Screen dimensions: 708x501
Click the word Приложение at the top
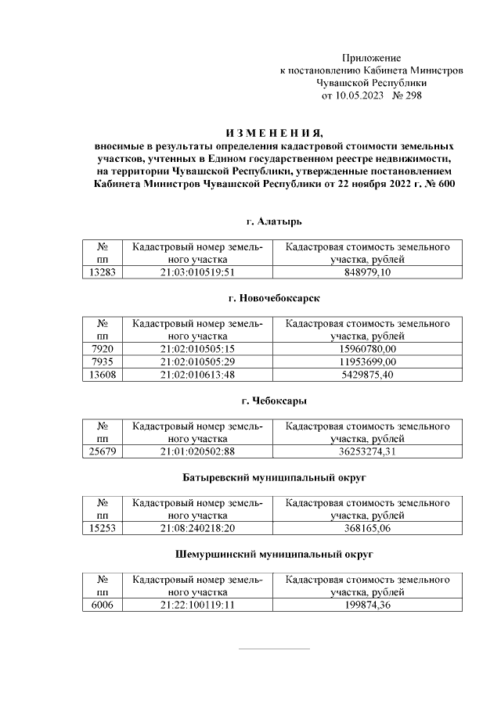372,58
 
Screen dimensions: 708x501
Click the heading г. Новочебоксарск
273,299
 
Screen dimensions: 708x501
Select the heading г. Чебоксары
273,401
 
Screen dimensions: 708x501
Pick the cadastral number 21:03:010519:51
197,272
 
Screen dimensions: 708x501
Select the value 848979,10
367,272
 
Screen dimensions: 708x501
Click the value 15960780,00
367,349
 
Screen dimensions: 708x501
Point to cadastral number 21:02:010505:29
197,361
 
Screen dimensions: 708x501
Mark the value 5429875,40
367,374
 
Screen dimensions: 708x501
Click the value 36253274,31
367,451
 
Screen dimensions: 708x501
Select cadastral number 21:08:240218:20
197,528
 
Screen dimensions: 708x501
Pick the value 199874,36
367,606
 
